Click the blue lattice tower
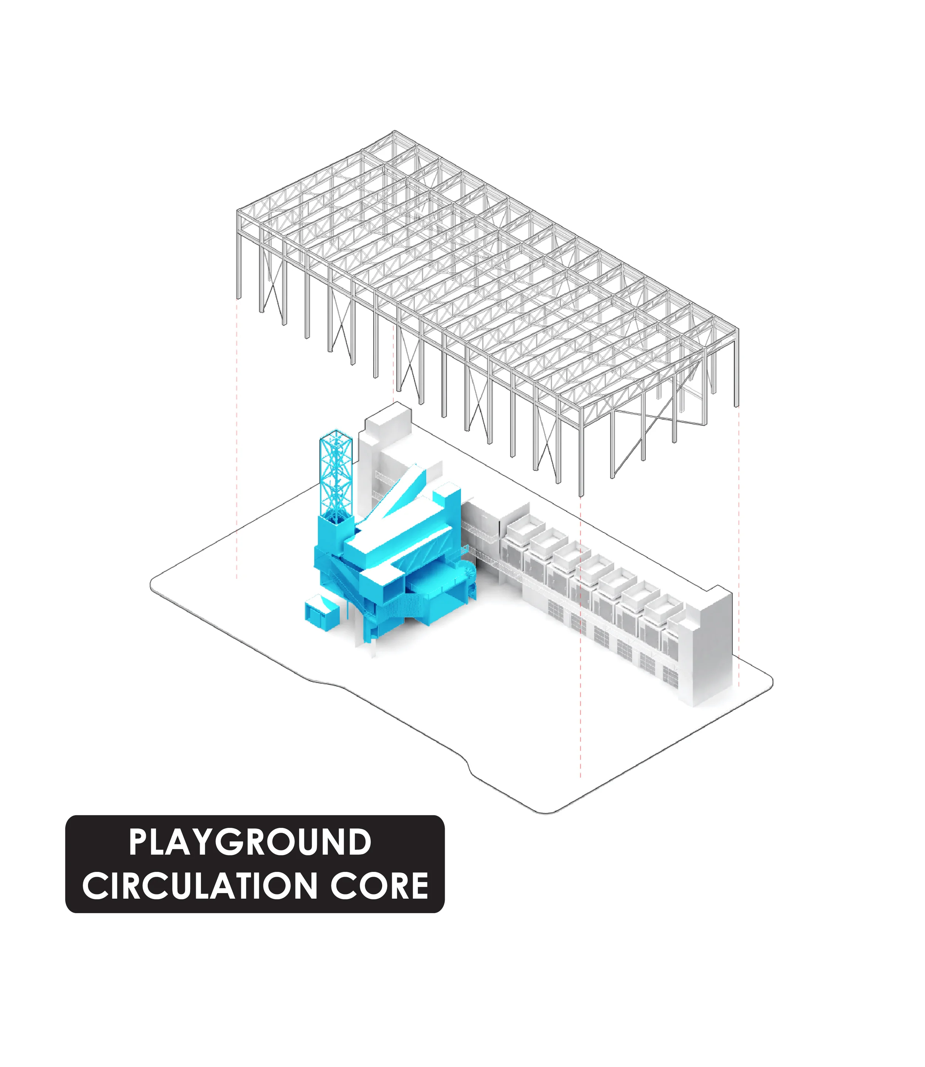click(x=336, y=475)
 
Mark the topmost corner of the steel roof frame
click(x=395, y=132)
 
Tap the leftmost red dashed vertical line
click(x=237, y=439)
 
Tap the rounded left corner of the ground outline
click(x=153, y=583)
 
